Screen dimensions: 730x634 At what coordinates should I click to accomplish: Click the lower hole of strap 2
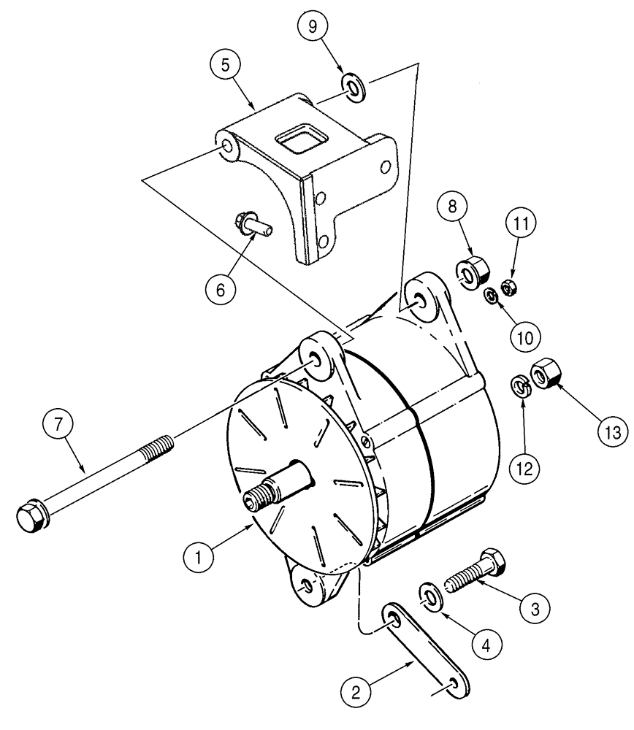click(x=455, y=683)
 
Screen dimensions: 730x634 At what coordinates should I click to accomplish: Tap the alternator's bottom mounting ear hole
click(x=305, y=585)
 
